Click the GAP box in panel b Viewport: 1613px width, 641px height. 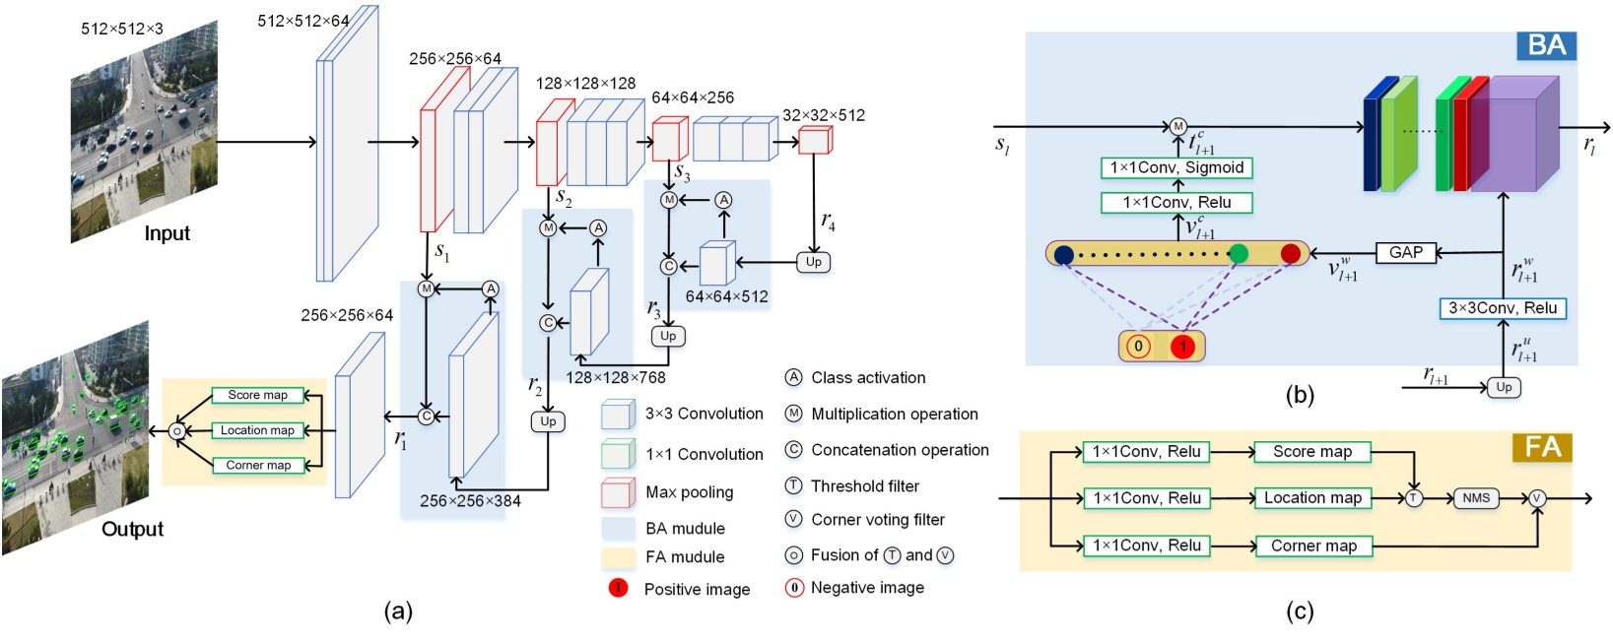1405,253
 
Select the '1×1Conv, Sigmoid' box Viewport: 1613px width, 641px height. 1176,167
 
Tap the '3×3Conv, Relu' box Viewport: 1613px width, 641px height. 1502,308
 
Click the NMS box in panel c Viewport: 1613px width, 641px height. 1475,498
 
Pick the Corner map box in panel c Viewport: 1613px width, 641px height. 1313,545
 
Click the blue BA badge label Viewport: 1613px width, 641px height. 1545,45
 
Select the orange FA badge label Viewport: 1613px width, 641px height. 1542,448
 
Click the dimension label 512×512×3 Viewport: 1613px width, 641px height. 122,29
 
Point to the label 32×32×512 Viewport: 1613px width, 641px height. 824,115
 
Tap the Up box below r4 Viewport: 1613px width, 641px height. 813,262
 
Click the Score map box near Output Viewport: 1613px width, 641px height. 257,395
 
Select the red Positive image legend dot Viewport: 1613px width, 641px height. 618,588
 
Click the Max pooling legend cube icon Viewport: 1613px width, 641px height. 618,491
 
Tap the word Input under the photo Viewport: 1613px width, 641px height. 167,233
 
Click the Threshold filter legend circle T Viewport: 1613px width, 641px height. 793,485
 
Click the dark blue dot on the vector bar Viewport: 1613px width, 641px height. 1063,255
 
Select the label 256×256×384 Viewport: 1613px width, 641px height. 470,500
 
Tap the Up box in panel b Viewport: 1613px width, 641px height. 1503,387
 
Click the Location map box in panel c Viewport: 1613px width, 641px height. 1312,498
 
